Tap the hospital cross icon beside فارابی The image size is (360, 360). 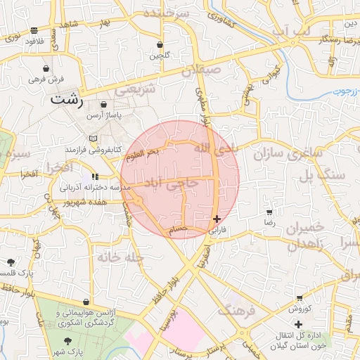pos(217,219)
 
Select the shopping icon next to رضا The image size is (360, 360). pos(269,212)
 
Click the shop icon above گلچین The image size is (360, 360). pos(160,45)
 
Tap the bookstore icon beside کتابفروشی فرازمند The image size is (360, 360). pos(94,139)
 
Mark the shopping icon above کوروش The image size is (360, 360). pos(300,298)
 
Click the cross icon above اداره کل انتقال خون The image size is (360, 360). pos(299,324)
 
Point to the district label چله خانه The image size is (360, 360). pos(120,257)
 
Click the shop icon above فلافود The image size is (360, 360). pos(34,30)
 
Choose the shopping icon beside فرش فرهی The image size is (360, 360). pos(46,69)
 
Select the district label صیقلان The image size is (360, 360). pos(201,70)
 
